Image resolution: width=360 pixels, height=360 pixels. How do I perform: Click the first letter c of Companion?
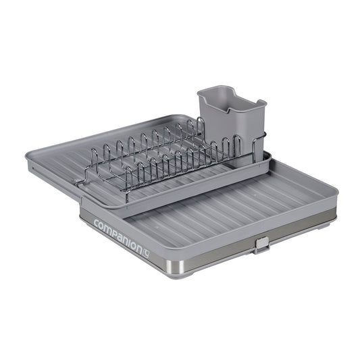point(97,224)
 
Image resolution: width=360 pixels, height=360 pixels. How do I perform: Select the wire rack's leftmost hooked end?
point(80,182)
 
